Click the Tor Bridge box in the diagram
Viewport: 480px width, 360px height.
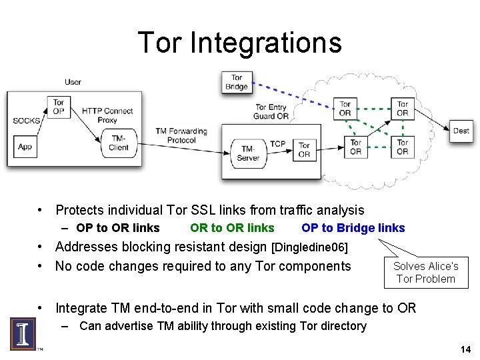pyautogui.click(x=237, y=82)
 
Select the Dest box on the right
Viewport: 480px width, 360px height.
pyautogui.click(x=461, y=131)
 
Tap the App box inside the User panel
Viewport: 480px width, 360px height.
pyautogui.click(x=25, y=147)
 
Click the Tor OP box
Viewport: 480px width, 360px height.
pyautogui.click(x=59, y=107)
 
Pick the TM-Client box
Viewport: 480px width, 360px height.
pyautogui.click(x=119, y=143)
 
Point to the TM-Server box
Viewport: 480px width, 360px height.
pyautogui.click(x=248, y=153)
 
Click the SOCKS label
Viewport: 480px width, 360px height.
pyautogui.click(x=27, y=121)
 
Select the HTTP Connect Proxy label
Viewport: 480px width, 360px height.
pyautogui.click(x=107, y=115)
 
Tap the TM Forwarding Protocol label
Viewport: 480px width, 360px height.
pyautogui.click(x=181, y=136)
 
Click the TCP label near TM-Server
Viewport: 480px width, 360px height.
pyautogui.click(x=277, y=144)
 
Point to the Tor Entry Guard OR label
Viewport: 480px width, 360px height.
pyautogui.click(x=271, y=111)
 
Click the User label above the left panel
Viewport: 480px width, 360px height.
pyautogui.click(x=73, y=82)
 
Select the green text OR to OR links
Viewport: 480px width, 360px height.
pyautogui.click(x=232, y=228)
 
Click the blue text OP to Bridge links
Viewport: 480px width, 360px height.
pyautogui.click(x=353, y=228)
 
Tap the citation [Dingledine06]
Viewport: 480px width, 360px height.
pyautogui.click(x=309, y=247)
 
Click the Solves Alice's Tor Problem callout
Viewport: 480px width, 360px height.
pyautogui.click(x=426, y=272)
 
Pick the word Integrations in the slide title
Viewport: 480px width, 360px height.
pyautogui.click(x=266, y=43)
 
